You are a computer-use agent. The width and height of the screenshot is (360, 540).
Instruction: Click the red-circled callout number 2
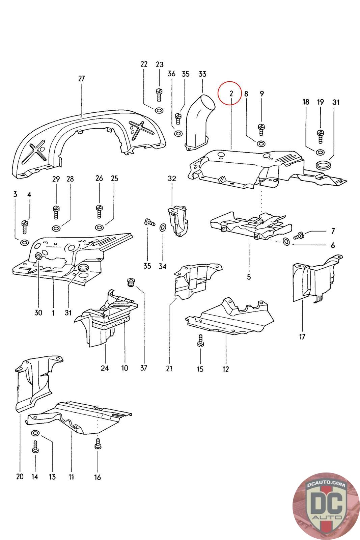pyautogui.click(x=231, y=93)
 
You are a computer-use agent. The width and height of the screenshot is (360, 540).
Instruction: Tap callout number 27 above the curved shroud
pyautogui.click(x=82, y=79)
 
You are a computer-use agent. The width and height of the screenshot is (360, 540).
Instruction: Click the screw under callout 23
pyautogui.click(x=159, y=95)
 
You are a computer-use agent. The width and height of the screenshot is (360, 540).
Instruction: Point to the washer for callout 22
pyautogui.click(x=159, y=111)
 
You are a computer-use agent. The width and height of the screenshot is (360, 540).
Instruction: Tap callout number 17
pyautogui.click(x=302, y=336)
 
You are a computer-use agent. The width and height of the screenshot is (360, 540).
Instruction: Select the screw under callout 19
pyautogui.click(x=320, y=137)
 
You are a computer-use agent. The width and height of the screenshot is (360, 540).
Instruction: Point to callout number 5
pyautogui.click(x=249, y=277)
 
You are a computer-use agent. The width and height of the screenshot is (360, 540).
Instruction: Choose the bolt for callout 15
pyautogui.click(x=200, y=341)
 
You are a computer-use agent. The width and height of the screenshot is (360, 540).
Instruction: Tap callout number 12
pyautogui.click(x=226, y=369)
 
